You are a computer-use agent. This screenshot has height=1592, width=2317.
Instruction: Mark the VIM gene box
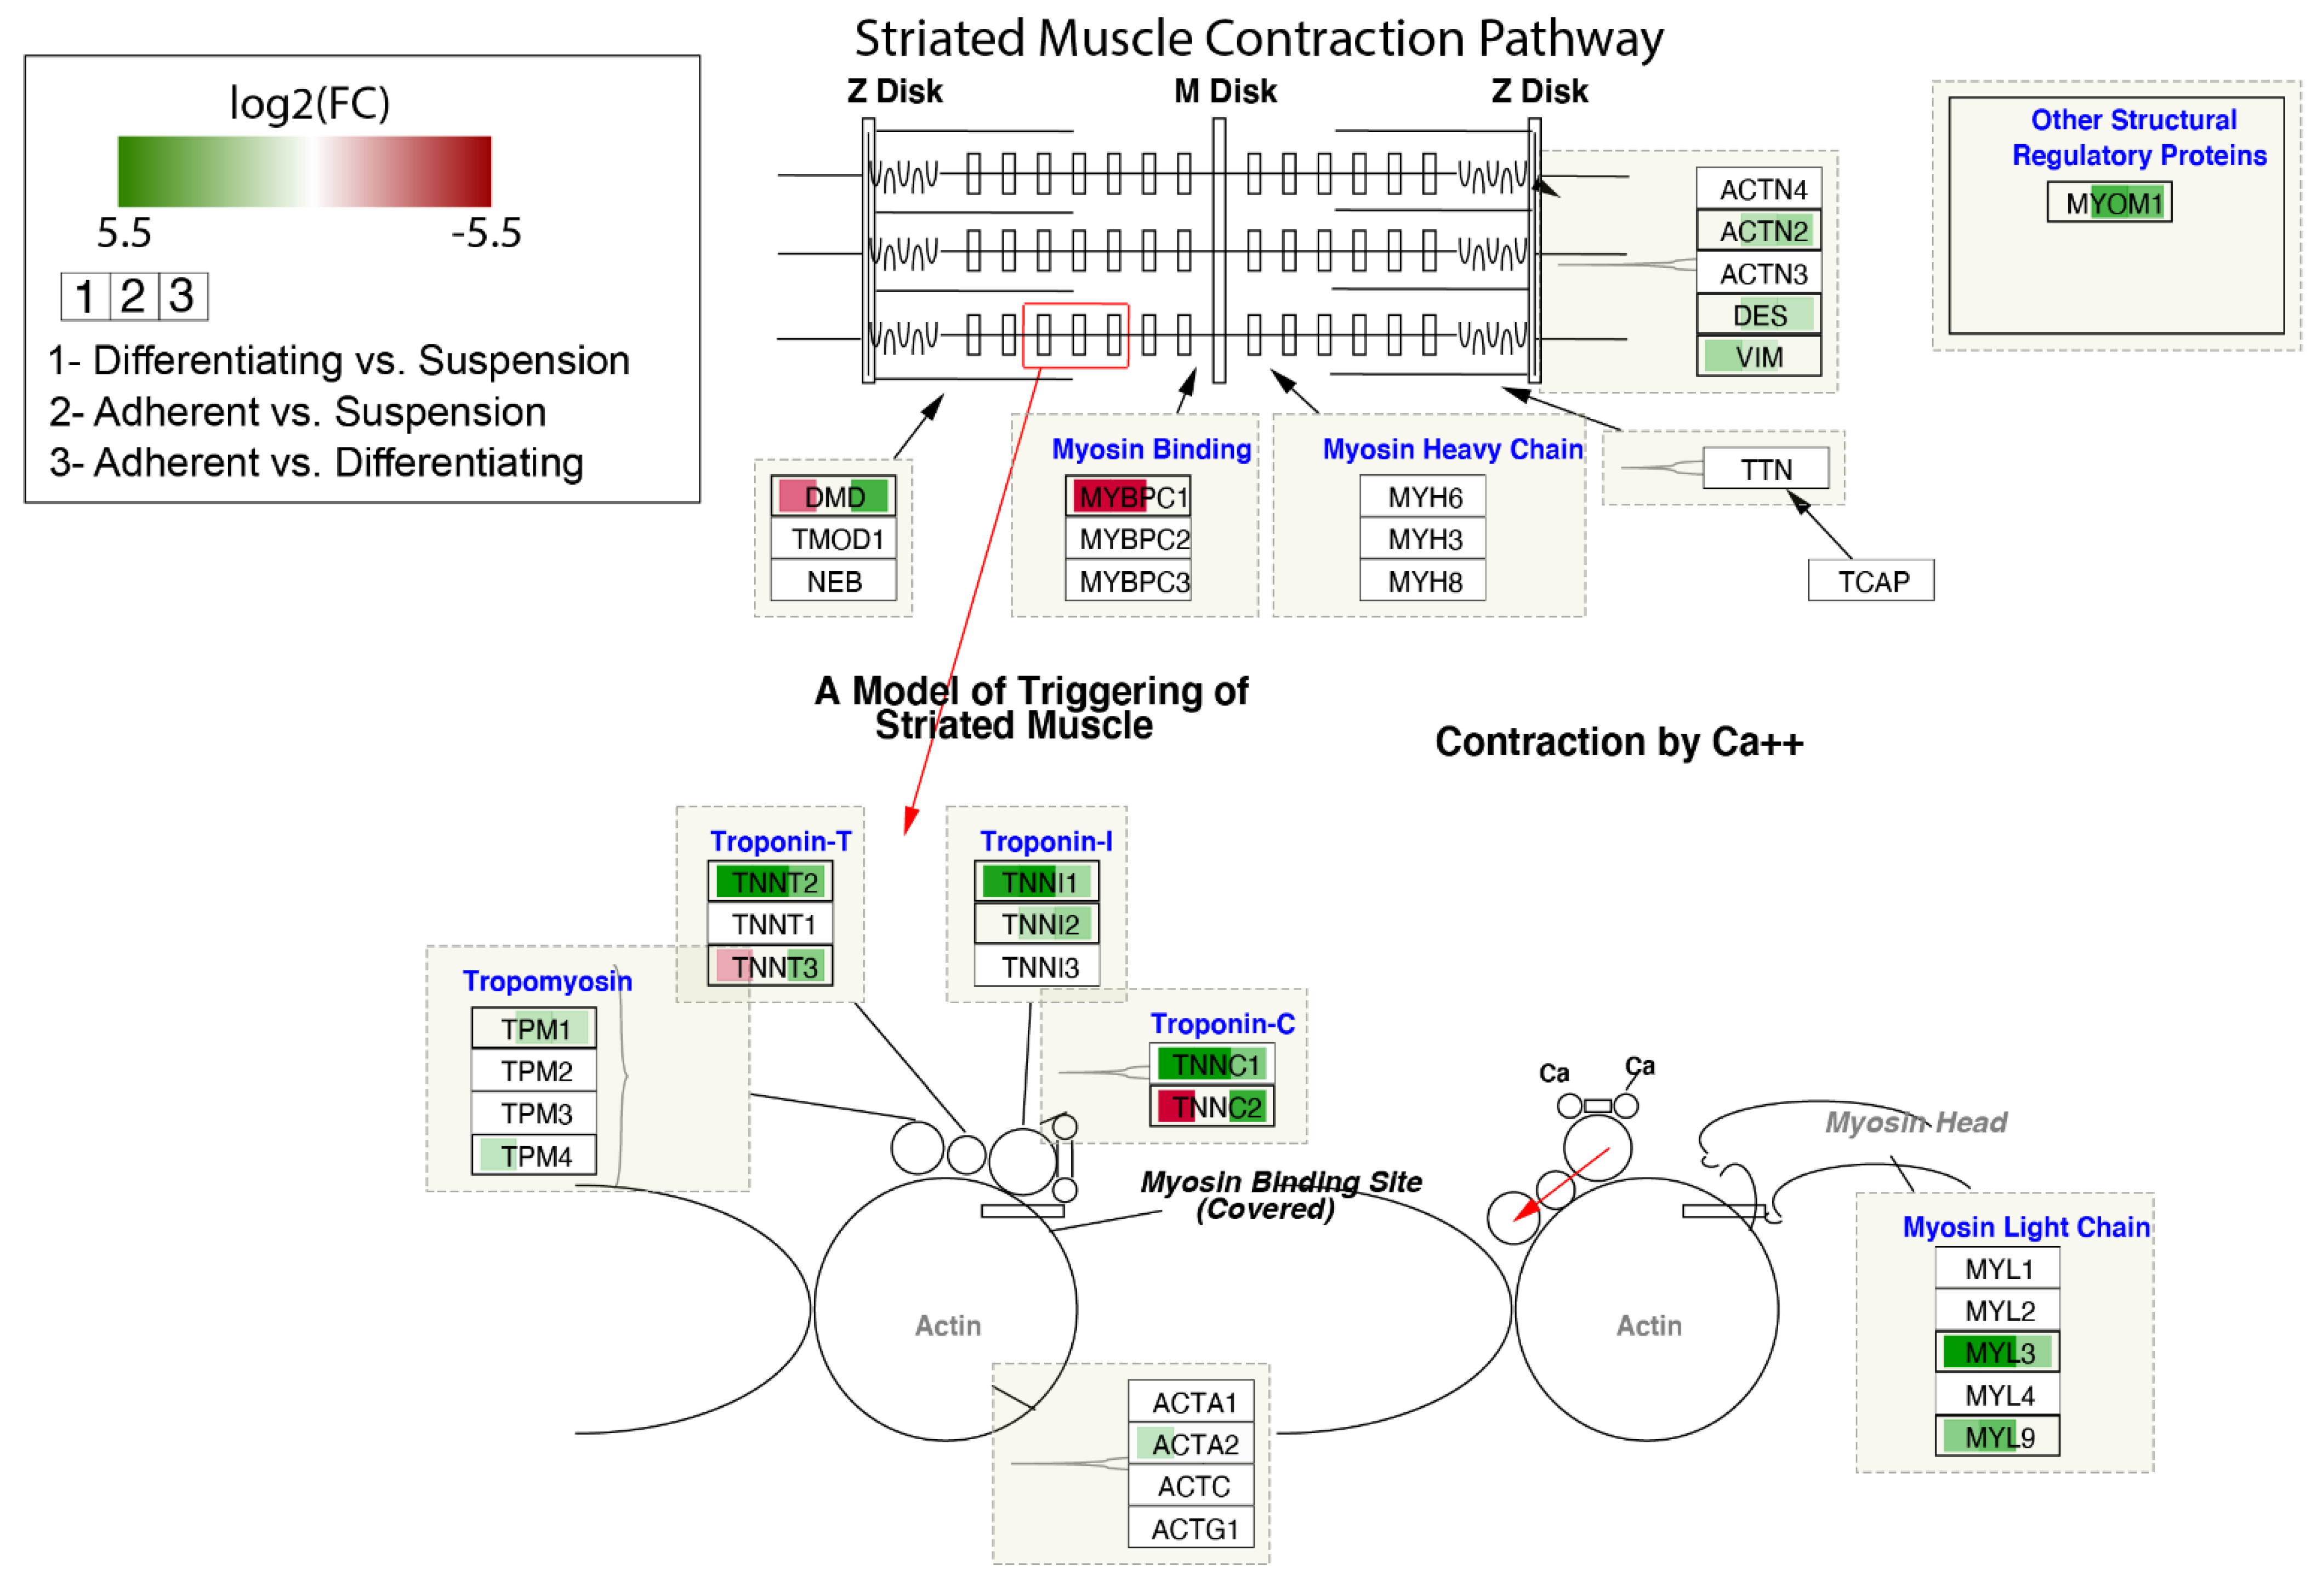pos(1758,356)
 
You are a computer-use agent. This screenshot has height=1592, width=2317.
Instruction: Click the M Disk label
pos(1225,91)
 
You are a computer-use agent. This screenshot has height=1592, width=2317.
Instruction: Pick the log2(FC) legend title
pos(310,103)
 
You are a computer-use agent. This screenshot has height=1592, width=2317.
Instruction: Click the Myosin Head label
pos(1915,1122)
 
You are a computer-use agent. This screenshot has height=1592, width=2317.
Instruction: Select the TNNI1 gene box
pos(1037,882)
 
